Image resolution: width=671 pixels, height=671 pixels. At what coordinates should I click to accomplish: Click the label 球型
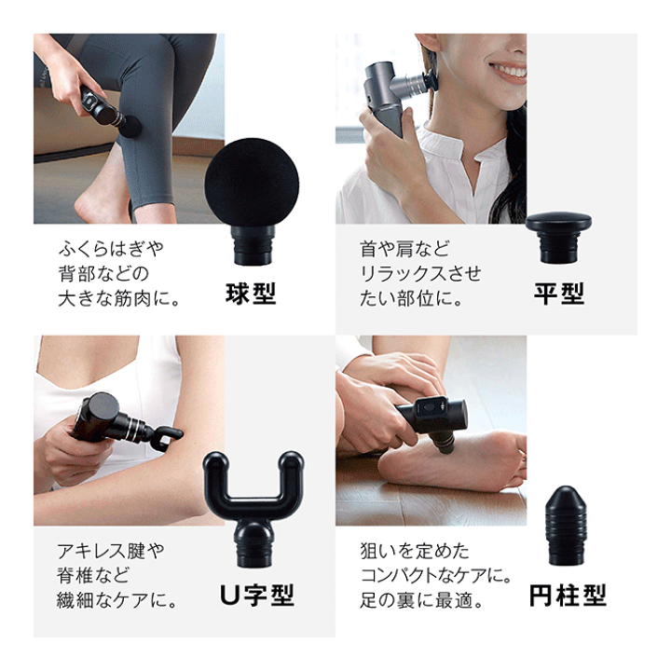[251, 294]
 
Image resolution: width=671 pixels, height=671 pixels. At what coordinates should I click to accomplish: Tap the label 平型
[558, 294]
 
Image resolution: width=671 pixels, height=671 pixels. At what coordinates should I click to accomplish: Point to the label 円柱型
[568, 595]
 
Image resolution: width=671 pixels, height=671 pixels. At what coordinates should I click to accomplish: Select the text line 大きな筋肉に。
[119, 300]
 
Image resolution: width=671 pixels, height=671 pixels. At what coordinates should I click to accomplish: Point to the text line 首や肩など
[404, 250]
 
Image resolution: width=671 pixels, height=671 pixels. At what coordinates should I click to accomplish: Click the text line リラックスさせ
[421, 275]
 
